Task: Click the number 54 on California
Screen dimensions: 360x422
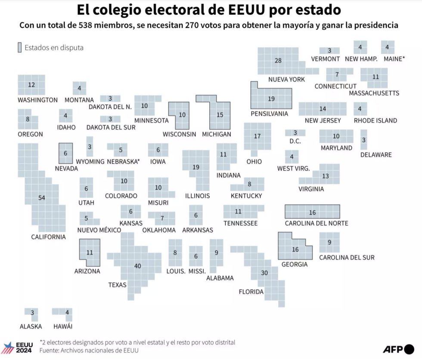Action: (42, 197)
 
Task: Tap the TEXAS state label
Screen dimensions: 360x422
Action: (117, 285)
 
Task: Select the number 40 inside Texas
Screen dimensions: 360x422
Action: (137, 266)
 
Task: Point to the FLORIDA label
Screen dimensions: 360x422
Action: (251, 292)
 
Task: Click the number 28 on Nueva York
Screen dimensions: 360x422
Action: (278, 61)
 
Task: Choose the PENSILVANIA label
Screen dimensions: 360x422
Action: (269, 114)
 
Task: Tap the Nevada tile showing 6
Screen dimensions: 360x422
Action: (65, 153)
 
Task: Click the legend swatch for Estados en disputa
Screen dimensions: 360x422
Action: (19, 48)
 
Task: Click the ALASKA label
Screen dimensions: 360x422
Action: (31, 326)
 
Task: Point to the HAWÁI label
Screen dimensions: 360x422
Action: (63, 326)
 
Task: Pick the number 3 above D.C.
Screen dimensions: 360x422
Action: (295, 132)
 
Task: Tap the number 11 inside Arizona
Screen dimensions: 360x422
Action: (90, 252)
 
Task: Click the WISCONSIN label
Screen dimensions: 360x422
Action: (179, 134)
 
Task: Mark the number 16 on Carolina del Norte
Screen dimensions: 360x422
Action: (313, 212)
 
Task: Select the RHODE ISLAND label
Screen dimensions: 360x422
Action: (375, 120)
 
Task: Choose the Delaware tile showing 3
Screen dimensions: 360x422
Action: (364, 140)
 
